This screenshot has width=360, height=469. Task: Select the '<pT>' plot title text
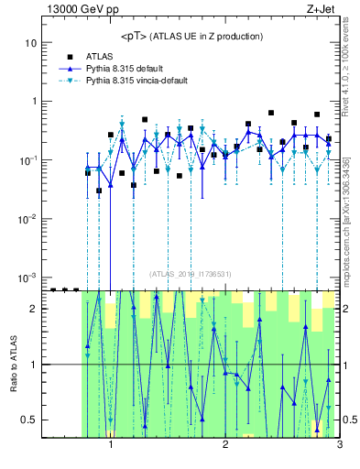coord(189,36)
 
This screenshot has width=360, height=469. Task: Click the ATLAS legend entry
coord(103,56)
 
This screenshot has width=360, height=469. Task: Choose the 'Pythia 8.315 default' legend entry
coord(134,68)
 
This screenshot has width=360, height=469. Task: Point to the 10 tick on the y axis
coord(30,43)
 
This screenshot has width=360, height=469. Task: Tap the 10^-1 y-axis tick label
coord(28,159)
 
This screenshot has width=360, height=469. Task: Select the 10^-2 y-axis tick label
coord(28,218)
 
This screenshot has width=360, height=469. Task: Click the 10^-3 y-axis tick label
coord(28,277)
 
